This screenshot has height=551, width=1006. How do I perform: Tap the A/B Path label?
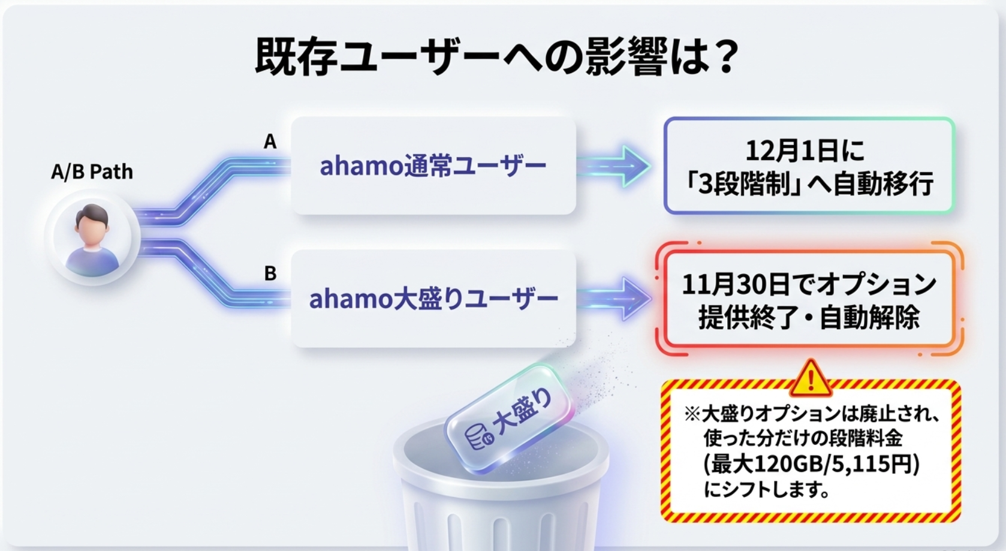coord(92,172)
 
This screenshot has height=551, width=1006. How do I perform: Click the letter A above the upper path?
coord(270,142)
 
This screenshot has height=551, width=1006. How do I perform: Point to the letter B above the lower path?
coord(270,273)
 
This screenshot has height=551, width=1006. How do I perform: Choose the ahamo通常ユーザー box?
coord(433,165)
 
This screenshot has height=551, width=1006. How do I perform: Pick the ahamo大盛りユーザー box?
coord(433,299)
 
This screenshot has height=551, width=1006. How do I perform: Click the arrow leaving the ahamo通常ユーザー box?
coord(614,165)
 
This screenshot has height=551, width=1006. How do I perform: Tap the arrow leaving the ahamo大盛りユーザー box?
coord(614,299)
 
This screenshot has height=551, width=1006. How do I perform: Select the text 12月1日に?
coord(805,150)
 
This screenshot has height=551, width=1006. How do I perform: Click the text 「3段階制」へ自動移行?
coord(808,184)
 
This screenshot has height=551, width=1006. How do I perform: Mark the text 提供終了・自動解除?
coord(809,317)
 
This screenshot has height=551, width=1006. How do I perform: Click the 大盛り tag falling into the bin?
coord(509,420)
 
